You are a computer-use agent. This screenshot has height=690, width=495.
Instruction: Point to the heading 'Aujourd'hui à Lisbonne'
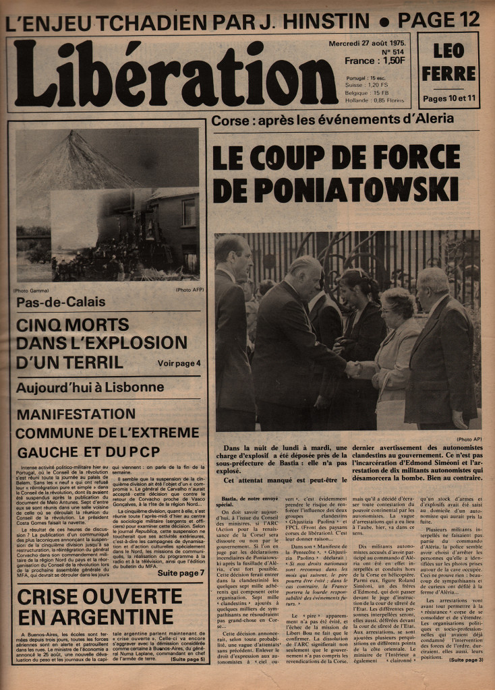pos(90,387)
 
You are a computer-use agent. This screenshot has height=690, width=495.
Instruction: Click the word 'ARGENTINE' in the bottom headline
pos(95,617)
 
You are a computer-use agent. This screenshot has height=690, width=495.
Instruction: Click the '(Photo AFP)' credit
pos(188,290)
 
